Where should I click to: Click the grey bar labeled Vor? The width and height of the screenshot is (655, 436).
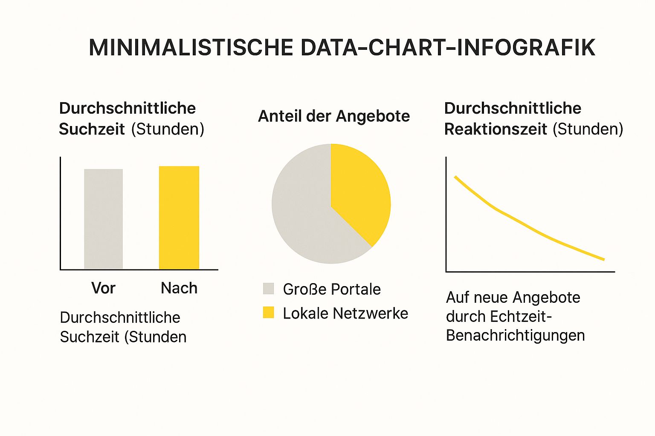tap(104, 219)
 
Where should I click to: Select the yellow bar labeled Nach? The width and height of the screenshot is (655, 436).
tap(179, 218)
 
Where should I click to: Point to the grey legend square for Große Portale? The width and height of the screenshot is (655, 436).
tap(268, 289)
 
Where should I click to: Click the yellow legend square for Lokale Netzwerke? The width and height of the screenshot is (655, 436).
tap(268, 313)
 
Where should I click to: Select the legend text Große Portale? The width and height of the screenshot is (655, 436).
tap(332, 289)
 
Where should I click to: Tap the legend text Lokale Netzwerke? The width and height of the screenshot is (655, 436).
tap(345, 313)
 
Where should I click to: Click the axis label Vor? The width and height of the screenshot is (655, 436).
tap(103, 288)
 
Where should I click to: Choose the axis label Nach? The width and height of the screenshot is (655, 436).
tap(179, 288)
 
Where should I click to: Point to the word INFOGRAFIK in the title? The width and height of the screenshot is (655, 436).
tap(526, 47)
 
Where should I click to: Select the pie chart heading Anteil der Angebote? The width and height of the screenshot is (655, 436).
tap(334, 116)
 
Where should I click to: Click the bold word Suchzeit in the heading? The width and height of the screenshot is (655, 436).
tap(92, 129)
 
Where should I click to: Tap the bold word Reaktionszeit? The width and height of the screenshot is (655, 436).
tap(496, 129)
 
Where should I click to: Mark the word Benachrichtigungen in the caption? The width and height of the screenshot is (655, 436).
tap(515, 336)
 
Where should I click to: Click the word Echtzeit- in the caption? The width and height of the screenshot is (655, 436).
tap(520, 316)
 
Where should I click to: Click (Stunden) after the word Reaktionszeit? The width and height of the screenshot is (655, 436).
tap(588, 129)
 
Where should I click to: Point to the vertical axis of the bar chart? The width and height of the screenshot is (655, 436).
tap(61, 213)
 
